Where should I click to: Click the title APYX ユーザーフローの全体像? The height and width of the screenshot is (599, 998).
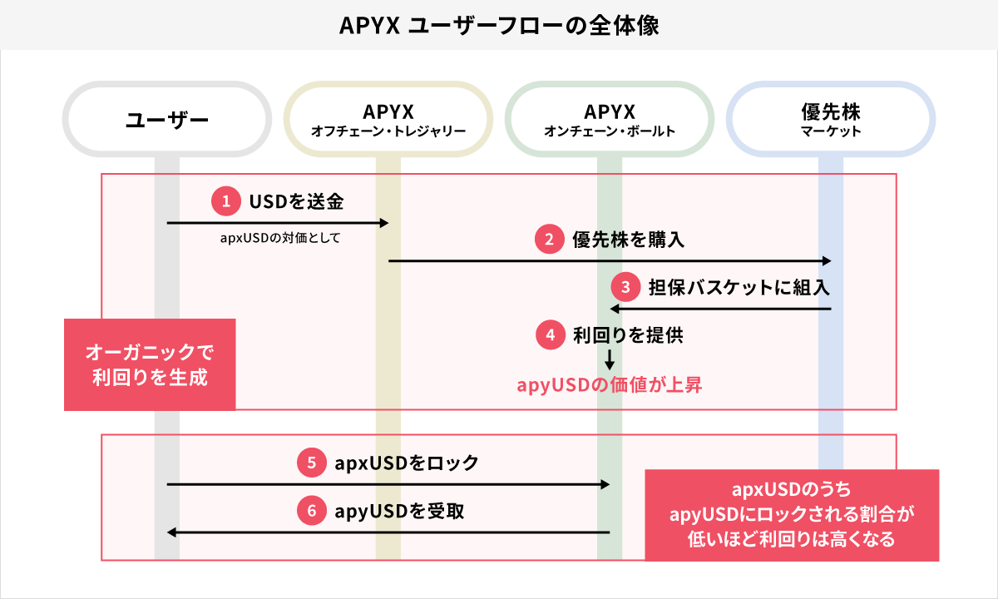(499, 25)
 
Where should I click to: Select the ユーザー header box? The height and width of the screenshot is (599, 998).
(166, 119)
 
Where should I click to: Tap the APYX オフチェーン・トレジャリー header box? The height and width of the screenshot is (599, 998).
(388, 119)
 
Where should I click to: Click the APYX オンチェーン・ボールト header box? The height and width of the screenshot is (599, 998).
(609, 119)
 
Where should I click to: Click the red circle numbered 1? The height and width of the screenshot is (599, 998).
(224, 200)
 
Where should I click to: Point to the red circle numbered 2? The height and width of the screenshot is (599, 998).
(548, 240)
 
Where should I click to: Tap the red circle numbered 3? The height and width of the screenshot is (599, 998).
(624, 288)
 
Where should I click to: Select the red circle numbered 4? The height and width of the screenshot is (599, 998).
(548, 335)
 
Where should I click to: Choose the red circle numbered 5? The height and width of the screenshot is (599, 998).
(310, 463)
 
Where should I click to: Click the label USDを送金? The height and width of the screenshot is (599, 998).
(296, 200)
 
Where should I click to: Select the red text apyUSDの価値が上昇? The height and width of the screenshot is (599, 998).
(610, 384)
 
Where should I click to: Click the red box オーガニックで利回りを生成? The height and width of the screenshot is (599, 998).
(150, 364)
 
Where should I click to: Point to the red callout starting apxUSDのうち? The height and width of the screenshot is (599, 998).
(792, 515)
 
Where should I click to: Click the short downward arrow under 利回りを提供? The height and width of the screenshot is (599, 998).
(610, 359)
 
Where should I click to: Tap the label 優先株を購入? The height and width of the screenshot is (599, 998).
(628, 240)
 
